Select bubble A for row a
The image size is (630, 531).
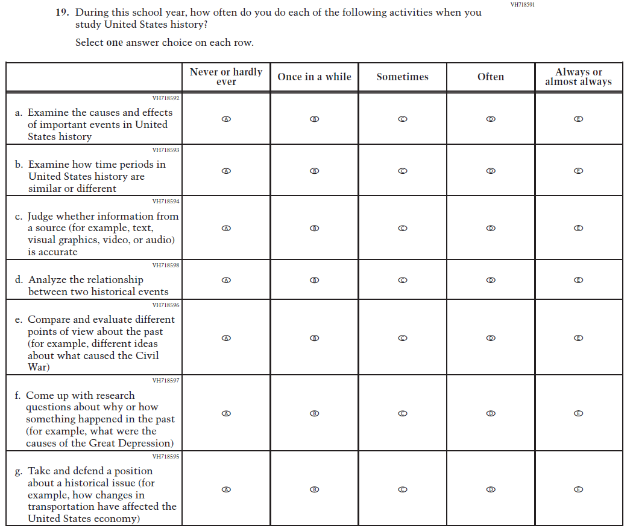point(226,119)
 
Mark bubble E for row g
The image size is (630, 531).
point(578,489)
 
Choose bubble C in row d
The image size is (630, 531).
point(403,280)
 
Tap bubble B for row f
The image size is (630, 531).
point(314,413)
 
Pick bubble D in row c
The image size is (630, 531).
point(491,228)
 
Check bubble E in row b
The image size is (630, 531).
point(578,171)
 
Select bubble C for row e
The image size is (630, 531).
point(403,338)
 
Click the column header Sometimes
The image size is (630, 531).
point(402,77)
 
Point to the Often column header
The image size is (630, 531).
point(491,77)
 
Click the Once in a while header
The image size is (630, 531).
point(314,77)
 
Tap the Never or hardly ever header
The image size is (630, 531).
point(226,77)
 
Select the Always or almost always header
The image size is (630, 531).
point(578,77)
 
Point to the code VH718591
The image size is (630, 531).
point(523,5)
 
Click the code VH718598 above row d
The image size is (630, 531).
point(166,265)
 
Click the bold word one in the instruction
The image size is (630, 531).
point(115,43)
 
